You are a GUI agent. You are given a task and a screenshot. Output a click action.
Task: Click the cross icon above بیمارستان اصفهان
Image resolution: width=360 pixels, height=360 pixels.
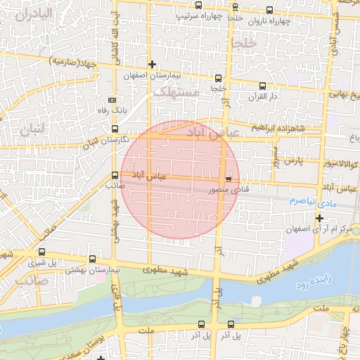pos(152,64)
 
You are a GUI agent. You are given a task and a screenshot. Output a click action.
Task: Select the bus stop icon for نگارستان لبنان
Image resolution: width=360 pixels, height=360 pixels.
pos(115,129)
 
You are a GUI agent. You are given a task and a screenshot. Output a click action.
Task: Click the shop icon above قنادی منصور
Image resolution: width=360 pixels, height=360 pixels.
pos(228,180)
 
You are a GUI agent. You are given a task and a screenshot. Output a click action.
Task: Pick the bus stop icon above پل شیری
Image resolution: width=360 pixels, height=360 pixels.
pos(42,252)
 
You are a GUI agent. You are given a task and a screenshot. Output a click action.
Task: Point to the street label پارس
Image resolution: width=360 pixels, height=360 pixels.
pos(293,161)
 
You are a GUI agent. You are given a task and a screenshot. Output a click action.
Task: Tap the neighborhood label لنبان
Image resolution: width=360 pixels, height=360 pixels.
pos(32,129)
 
